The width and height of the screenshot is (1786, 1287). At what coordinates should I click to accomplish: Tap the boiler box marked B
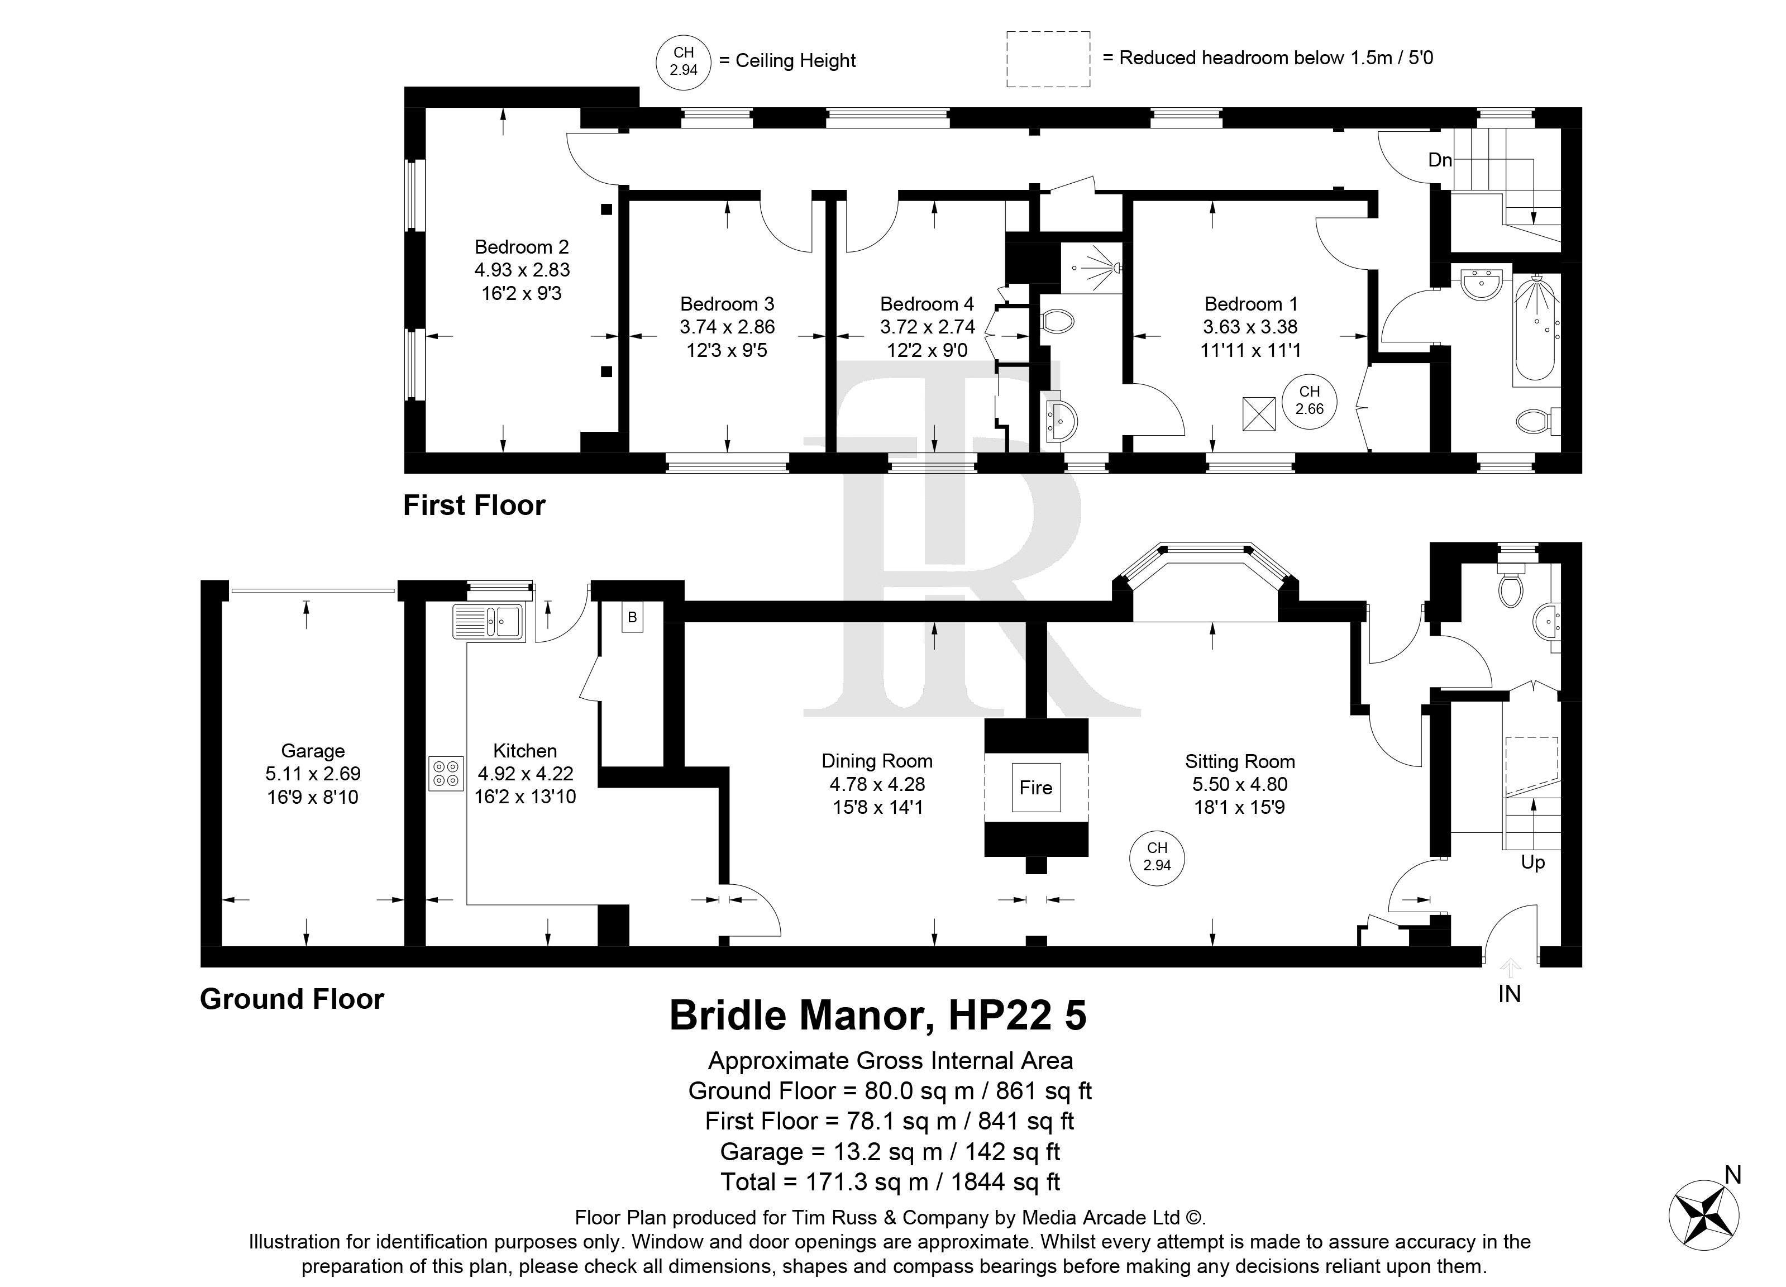coord(632,617)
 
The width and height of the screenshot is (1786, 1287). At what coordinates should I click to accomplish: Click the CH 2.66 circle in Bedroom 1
coord(1310,401)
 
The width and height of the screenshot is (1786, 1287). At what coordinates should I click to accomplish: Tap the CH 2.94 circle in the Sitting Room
coord(1157,856)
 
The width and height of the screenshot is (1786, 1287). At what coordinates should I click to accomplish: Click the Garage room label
coord(313,751)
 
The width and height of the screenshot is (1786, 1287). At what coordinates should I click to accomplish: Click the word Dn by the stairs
coord(1440,160)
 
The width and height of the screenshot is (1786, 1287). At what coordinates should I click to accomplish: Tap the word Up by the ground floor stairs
coord(1532,863)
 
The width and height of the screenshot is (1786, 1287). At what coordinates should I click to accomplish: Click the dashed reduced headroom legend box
coord(1048,59)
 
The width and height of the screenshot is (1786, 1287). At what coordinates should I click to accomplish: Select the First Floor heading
coord(474,506)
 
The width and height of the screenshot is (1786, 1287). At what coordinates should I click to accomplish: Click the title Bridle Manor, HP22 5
coord(878,1016)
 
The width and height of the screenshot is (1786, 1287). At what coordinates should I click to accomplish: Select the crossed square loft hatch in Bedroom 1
coord(1258,414)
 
